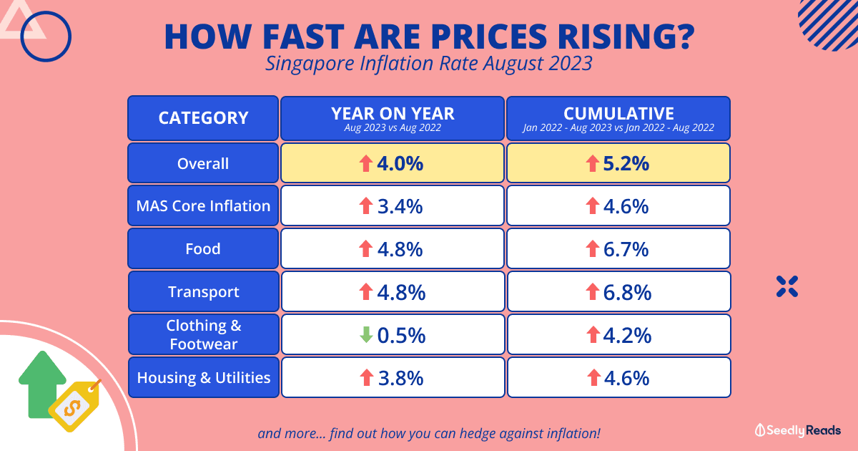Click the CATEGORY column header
click(x=203, y=118)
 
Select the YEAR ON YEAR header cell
click(x=393, y=118)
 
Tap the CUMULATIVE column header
click(x=618, y=118)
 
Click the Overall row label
click(x=203, y=163)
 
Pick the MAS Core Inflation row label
click(x=203, y=206)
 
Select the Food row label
click(x=203, y=249)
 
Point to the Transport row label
click(x=203, y=292)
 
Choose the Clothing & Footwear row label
click(x=203, y=334)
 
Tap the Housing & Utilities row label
click(x=203, y=377)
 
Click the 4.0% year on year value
click(x=400, y=163)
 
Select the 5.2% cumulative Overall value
click(x=626, y=163)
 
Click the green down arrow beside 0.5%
click(x=366, y=334)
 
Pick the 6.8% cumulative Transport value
click(x=626, y=292)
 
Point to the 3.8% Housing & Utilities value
click(x=400, y=377)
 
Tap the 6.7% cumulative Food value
click(x=626, y=249)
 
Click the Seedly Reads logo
click(x=798, y=430)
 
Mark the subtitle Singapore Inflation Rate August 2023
click(x=428, y=64)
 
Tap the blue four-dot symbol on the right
click(x=786, y=286)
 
